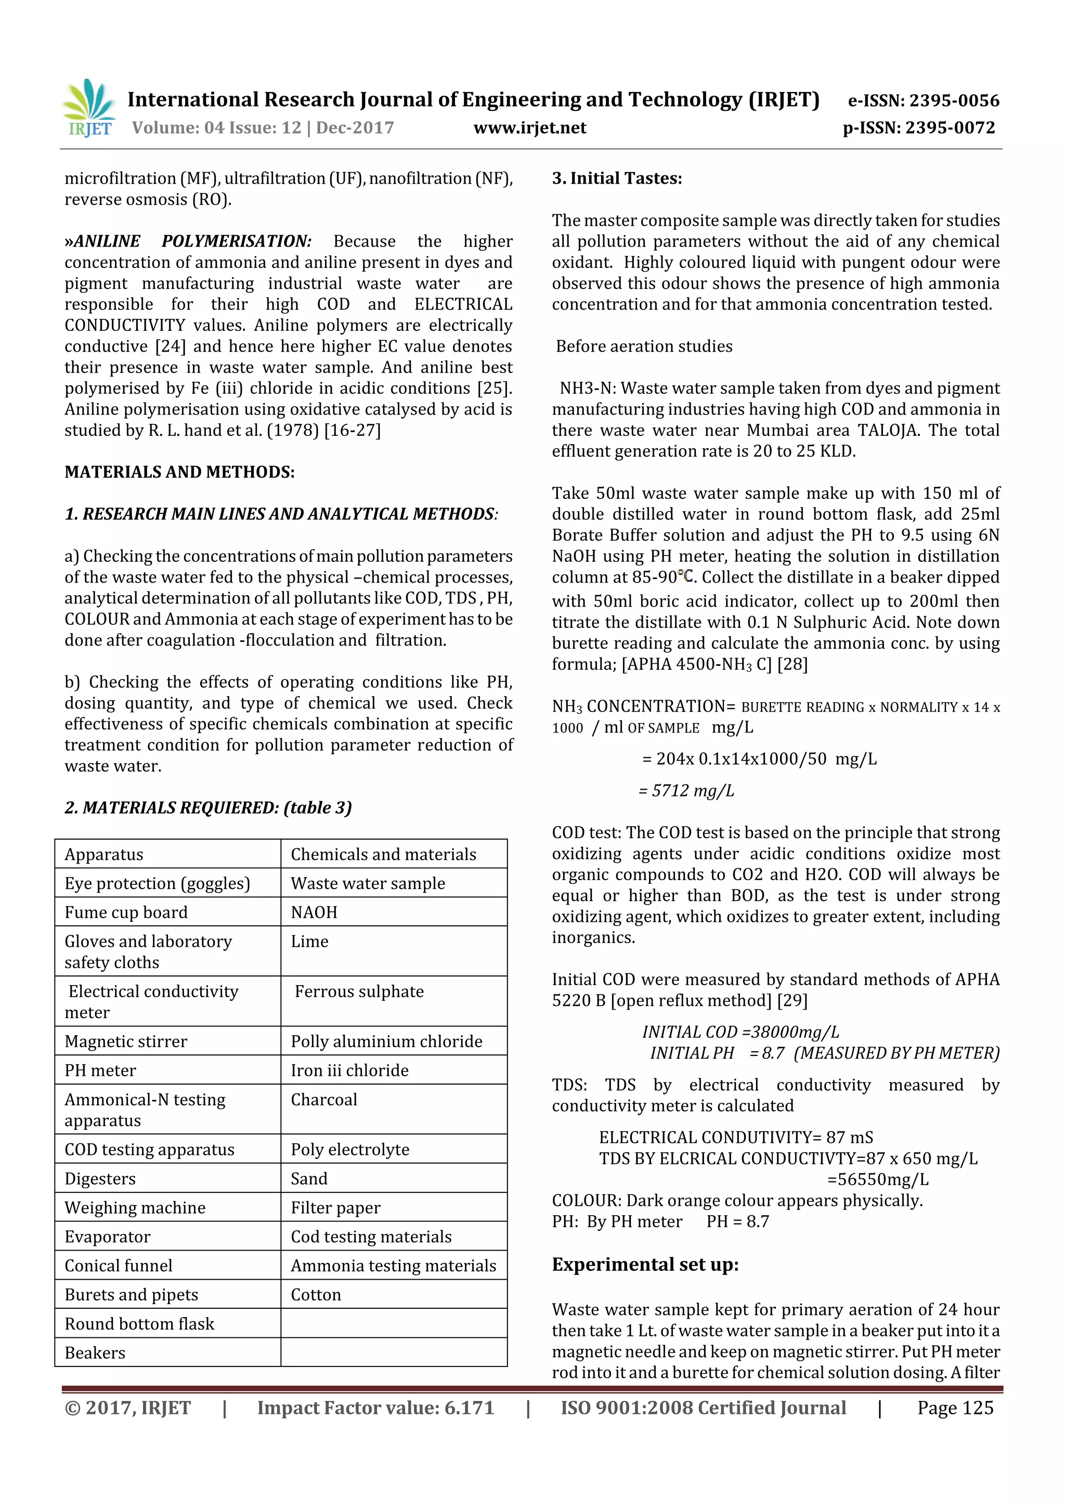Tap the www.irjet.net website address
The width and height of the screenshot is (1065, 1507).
coord(529,128)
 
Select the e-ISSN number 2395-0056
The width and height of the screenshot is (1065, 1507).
coord(923,100)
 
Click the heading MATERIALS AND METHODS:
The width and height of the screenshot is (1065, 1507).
coord(179,472)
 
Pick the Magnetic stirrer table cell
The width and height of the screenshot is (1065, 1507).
coord(125,1041)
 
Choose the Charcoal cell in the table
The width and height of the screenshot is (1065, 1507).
coord(324,1099)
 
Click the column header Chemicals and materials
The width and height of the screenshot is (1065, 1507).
coord(383,854)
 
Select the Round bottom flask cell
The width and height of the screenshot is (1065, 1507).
coord(139,1323)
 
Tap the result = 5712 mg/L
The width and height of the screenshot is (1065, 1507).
coord(686,790)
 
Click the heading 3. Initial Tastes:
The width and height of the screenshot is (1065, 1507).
coord(617,178)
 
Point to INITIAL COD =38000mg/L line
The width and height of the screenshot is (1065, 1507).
coord(740,1032)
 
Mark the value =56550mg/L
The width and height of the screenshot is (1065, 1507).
coord(877,1179)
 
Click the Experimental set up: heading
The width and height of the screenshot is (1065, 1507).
coord(645,1265)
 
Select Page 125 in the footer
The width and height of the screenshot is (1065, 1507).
coord(955,1408)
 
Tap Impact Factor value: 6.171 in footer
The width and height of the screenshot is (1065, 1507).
coord(375,1408)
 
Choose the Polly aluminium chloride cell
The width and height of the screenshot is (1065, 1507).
coord(386,1041)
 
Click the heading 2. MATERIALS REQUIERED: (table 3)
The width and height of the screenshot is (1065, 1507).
coord(208,807)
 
